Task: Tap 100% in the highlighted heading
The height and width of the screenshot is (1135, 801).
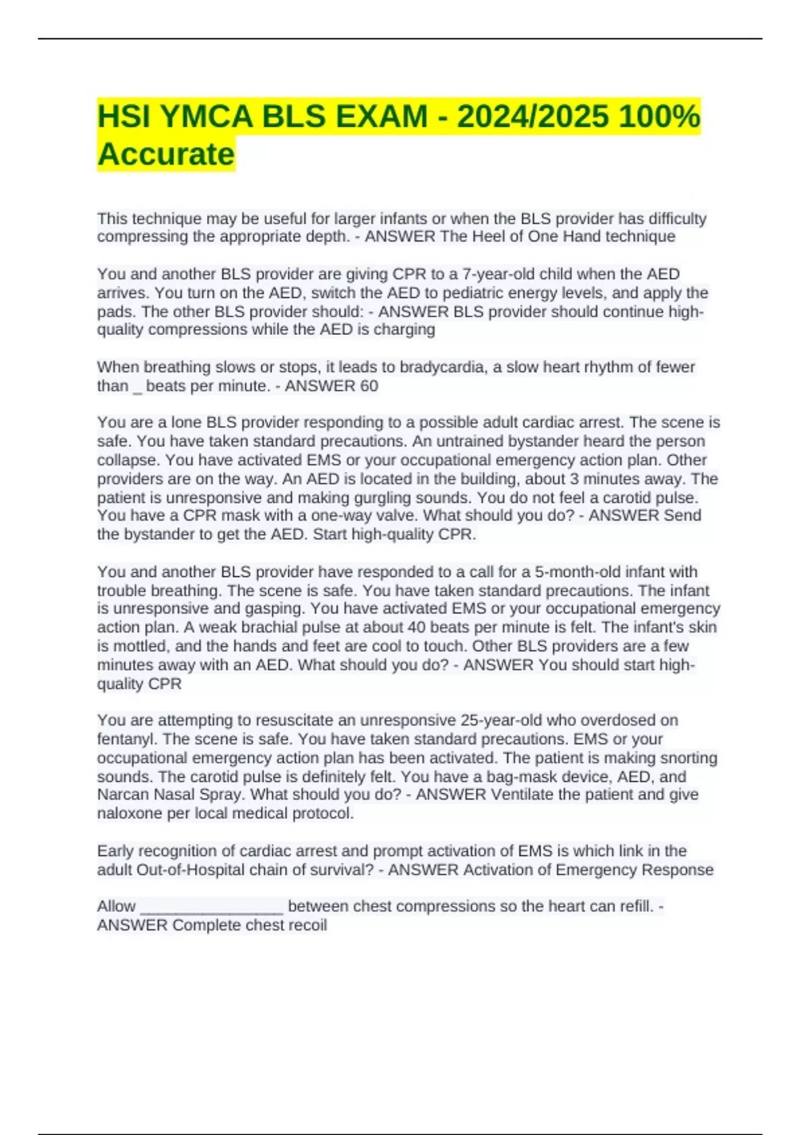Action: click(659, 117)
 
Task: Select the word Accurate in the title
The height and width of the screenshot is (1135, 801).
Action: click(166, 154)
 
